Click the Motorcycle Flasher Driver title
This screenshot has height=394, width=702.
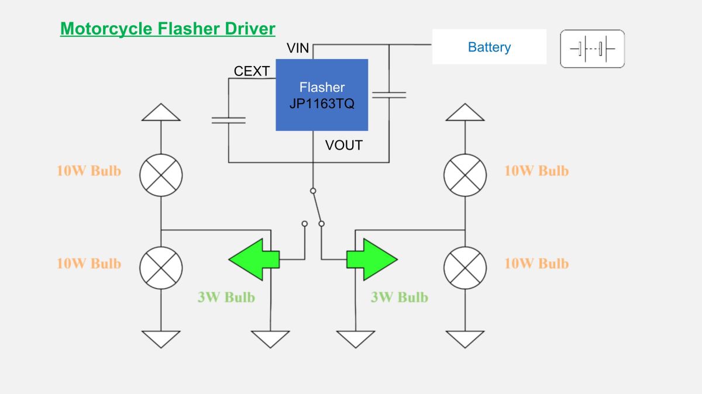pos(168,29)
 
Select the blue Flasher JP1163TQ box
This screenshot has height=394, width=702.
pos(322,95)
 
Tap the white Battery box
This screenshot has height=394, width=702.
pos(489,47)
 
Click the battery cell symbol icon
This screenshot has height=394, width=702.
pos(592,49)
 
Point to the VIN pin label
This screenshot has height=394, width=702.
pos(298,48)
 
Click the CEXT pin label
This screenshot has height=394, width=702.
pos(252,71)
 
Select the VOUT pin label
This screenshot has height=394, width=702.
pos(344,146)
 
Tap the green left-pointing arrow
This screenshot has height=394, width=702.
pos(254,260)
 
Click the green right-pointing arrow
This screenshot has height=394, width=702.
pos(372,260)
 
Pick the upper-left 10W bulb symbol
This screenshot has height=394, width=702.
pos(161,175)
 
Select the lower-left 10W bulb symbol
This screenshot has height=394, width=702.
pos(161,268)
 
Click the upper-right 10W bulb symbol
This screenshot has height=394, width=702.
pos(465,175)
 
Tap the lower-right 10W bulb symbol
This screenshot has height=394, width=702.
pos(465,268)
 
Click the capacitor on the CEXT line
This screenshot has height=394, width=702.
pos(229,120)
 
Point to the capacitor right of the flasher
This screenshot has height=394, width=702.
pos(389,95)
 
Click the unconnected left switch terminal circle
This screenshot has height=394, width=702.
pos(305,224)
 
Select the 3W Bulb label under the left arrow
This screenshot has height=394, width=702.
pos(226,297)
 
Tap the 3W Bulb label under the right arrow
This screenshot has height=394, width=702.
pos(400,297)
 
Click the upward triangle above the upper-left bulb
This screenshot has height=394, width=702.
pos(161,112)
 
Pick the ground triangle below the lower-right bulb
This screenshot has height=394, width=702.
pos(465,339)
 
